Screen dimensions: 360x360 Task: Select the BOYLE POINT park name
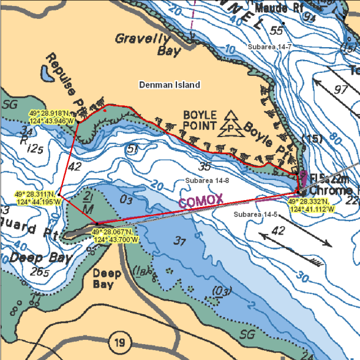pos(200,120)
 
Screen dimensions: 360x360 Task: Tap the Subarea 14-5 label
pos(256,214)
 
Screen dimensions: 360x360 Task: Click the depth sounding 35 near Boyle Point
pos(205,165)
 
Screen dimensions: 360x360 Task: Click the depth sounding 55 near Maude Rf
pos(277,31)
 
